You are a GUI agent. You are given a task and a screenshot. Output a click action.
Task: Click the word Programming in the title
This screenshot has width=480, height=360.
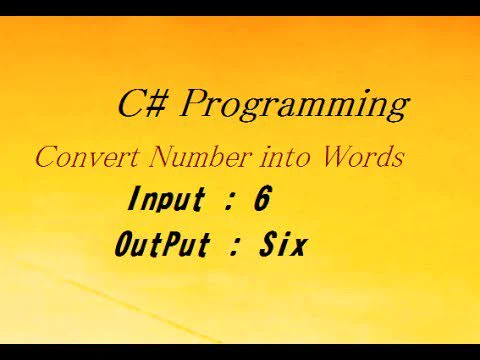294,104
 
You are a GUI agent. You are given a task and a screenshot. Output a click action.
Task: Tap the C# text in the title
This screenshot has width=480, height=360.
142,103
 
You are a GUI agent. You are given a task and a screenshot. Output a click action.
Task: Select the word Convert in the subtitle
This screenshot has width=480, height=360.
87,157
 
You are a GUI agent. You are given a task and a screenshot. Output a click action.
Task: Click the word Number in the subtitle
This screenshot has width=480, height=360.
200,157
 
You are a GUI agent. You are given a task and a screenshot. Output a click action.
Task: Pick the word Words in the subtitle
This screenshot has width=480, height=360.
362,157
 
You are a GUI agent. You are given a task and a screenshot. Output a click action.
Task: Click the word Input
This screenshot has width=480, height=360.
166,199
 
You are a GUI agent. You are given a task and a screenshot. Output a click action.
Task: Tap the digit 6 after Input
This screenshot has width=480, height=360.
262,198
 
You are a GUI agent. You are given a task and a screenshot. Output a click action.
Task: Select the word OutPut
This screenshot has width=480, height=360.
163,244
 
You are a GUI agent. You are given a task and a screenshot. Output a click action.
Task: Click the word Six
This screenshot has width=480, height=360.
283,244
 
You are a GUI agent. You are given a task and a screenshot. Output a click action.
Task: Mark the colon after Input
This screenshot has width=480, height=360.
228,201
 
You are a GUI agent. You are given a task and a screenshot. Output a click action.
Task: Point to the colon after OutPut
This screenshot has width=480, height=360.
234,247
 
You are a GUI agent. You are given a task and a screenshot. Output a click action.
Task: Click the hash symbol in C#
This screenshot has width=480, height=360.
157,104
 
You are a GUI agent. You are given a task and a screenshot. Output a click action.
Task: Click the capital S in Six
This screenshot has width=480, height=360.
269,244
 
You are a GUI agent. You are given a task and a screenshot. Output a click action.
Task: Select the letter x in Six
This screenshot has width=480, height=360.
297,248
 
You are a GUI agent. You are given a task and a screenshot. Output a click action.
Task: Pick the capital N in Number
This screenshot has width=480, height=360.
164,157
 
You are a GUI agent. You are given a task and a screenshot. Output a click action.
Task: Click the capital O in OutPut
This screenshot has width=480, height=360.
123,244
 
